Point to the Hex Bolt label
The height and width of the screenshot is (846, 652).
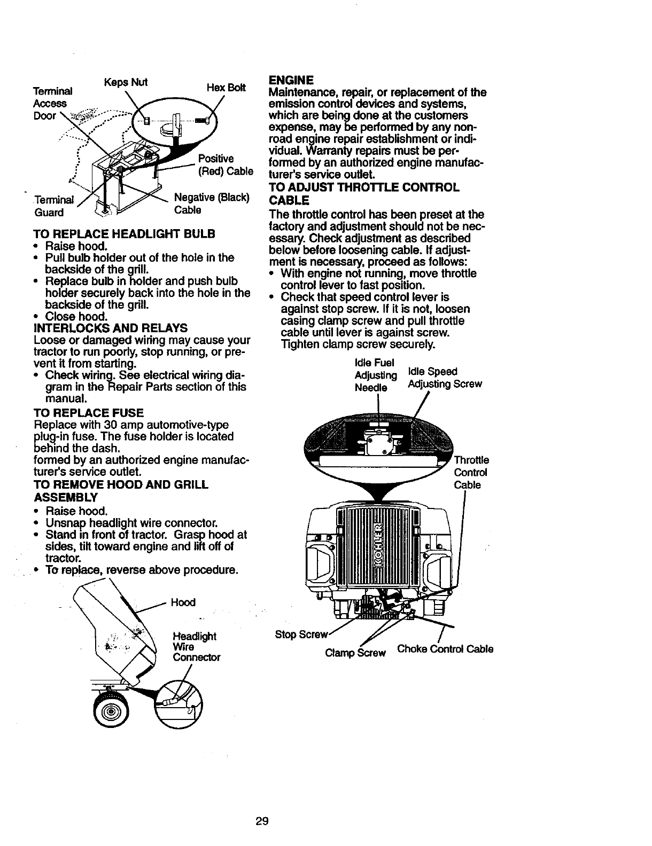click(226, 87)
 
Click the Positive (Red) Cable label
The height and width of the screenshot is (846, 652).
click(225, 165)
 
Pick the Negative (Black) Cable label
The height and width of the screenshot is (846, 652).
click(212, 203)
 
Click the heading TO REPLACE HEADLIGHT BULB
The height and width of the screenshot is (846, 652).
click(124, 233)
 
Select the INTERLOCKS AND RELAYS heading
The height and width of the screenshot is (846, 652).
click(110, 327)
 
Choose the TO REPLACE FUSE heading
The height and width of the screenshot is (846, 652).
click(88, 412)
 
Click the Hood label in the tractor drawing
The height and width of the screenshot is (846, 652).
click(183, 602)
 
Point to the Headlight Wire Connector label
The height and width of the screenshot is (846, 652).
click(196, 647)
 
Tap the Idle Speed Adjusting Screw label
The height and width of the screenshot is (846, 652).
click(445, 378)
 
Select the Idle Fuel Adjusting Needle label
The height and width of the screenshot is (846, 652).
click(375, 374)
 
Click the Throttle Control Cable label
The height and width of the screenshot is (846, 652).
click(471, 473)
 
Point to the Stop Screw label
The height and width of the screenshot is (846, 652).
click(300, 635)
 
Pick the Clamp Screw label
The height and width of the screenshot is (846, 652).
click(355, 653)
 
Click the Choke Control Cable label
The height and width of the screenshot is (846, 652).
click(445, 649)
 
